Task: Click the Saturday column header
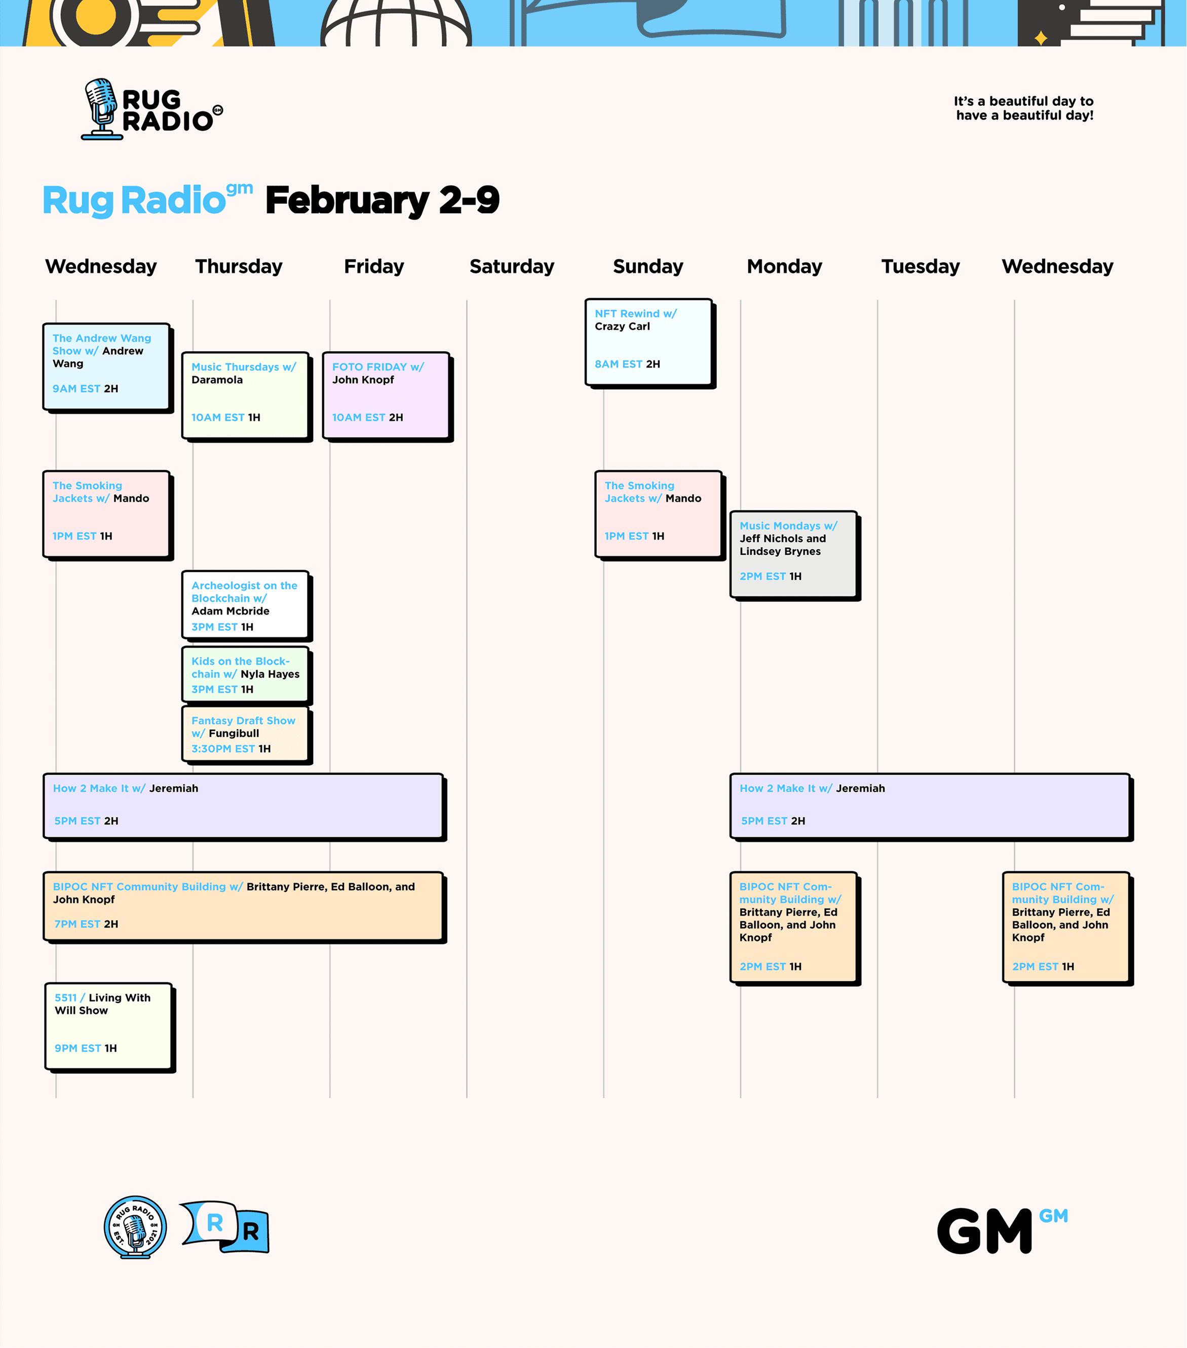point(512,267)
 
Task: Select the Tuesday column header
point(920,267)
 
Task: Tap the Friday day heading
point(374,267)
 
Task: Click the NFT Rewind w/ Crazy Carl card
point(648,342)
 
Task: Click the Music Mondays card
point(793,554)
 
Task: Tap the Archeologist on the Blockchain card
point(245,605)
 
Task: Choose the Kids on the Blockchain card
point(245,675)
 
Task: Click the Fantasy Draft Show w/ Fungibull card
point(245,734)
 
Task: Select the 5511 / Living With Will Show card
point(108,1026)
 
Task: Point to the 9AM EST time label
point(76,389)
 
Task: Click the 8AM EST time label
point(618,364)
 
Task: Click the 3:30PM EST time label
point(223,749)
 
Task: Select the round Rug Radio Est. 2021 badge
point(135,1227)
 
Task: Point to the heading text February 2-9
point(382,201)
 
